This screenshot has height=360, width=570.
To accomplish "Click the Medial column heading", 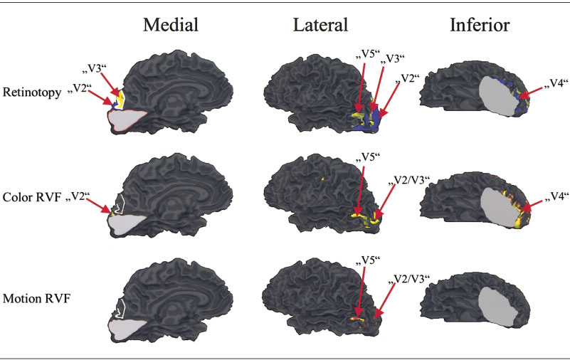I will [170, 26].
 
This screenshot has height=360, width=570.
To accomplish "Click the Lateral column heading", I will [320, 26].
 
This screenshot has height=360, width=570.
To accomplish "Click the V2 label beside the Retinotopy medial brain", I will [84, 88].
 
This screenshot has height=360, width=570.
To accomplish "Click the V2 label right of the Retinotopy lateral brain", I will [409, 78].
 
